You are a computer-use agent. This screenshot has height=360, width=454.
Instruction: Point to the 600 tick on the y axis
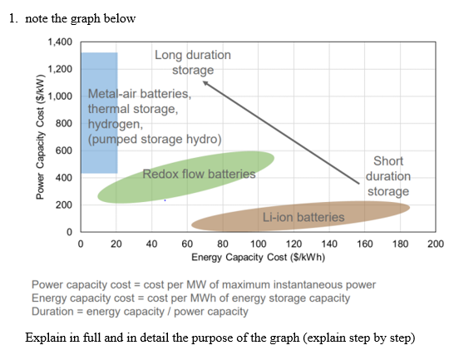[x=65, y=150]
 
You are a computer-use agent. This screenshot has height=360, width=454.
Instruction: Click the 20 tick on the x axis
[x=116, y=244]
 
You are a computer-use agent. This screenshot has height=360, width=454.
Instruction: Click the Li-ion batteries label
[x=303, y=218]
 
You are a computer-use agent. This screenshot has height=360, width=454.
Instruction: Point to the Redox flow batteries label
[x=199, y=175]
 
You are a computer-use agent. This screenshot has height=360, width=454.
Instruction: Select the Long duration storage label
[x=193, y=62]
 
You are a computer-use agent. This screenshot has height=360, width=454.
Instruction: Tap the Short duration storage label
[x=388, y=176]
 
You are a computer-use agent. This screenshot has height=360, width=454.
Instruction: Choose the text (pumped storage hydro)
[x=155, y=139]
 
